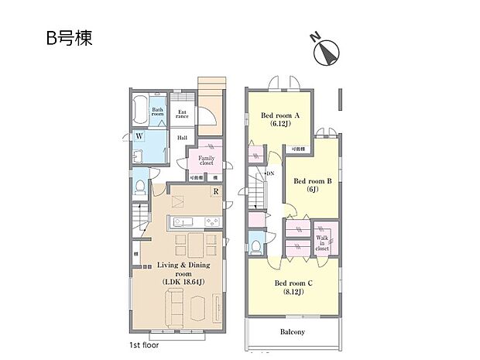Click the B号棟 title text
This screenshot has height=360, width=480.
[69, 39]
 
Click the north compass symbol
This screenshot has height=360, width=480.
[327, 52]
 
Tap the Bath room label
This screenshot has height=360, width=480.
[158, 111]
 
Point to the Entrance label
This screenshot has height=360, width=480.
[183, 115]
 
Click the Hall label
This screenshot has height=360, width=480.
[182, 138]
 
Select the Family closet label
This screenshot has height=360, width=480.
[206, 160]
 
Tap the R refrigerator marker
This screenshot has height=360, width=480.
[218, 191]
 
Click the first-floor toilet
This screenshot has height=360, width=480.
[139, 187]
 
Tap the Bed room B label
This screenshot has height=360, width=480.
[312, 183]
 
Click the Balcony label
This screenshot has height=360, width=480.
[292, 332]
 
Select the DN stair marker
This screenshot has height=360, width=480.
[269, 173]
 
